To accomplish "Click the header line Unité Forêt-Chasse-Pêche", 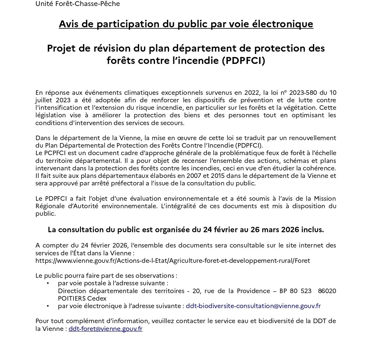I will pyautogui.click(x=78, y=4).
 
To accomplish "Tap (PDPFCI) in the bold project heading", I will pyautogui.click(x=243, y=61).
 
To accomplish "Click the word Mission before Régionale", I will pyautogui.click(x=325, y=199).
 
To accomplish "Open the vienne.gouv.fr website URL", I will pyautogui.click(x=173, y=260).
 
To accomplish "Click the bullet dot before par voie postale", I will pyautogui.click(x=48, y=283).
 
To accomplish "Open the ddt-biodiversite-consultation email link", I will pyautogui.click(x=253, y=306).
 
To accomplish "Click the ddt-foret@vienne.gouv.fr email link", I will pyautogui.click(x=106, y=329).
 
